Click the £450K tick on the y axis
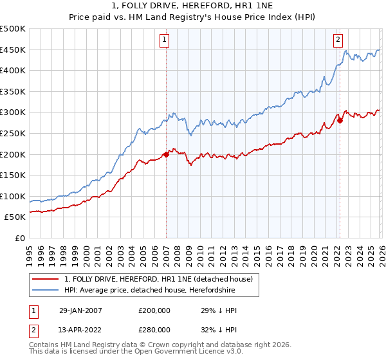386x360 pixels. [13, 50]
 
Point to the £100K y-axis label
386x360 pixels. [13, 197]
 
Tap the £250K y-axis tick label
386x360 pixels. [13, 134]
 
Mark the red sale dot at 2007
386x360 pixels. [166, 154]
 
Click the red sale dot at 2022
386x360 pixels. [340, 120]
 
